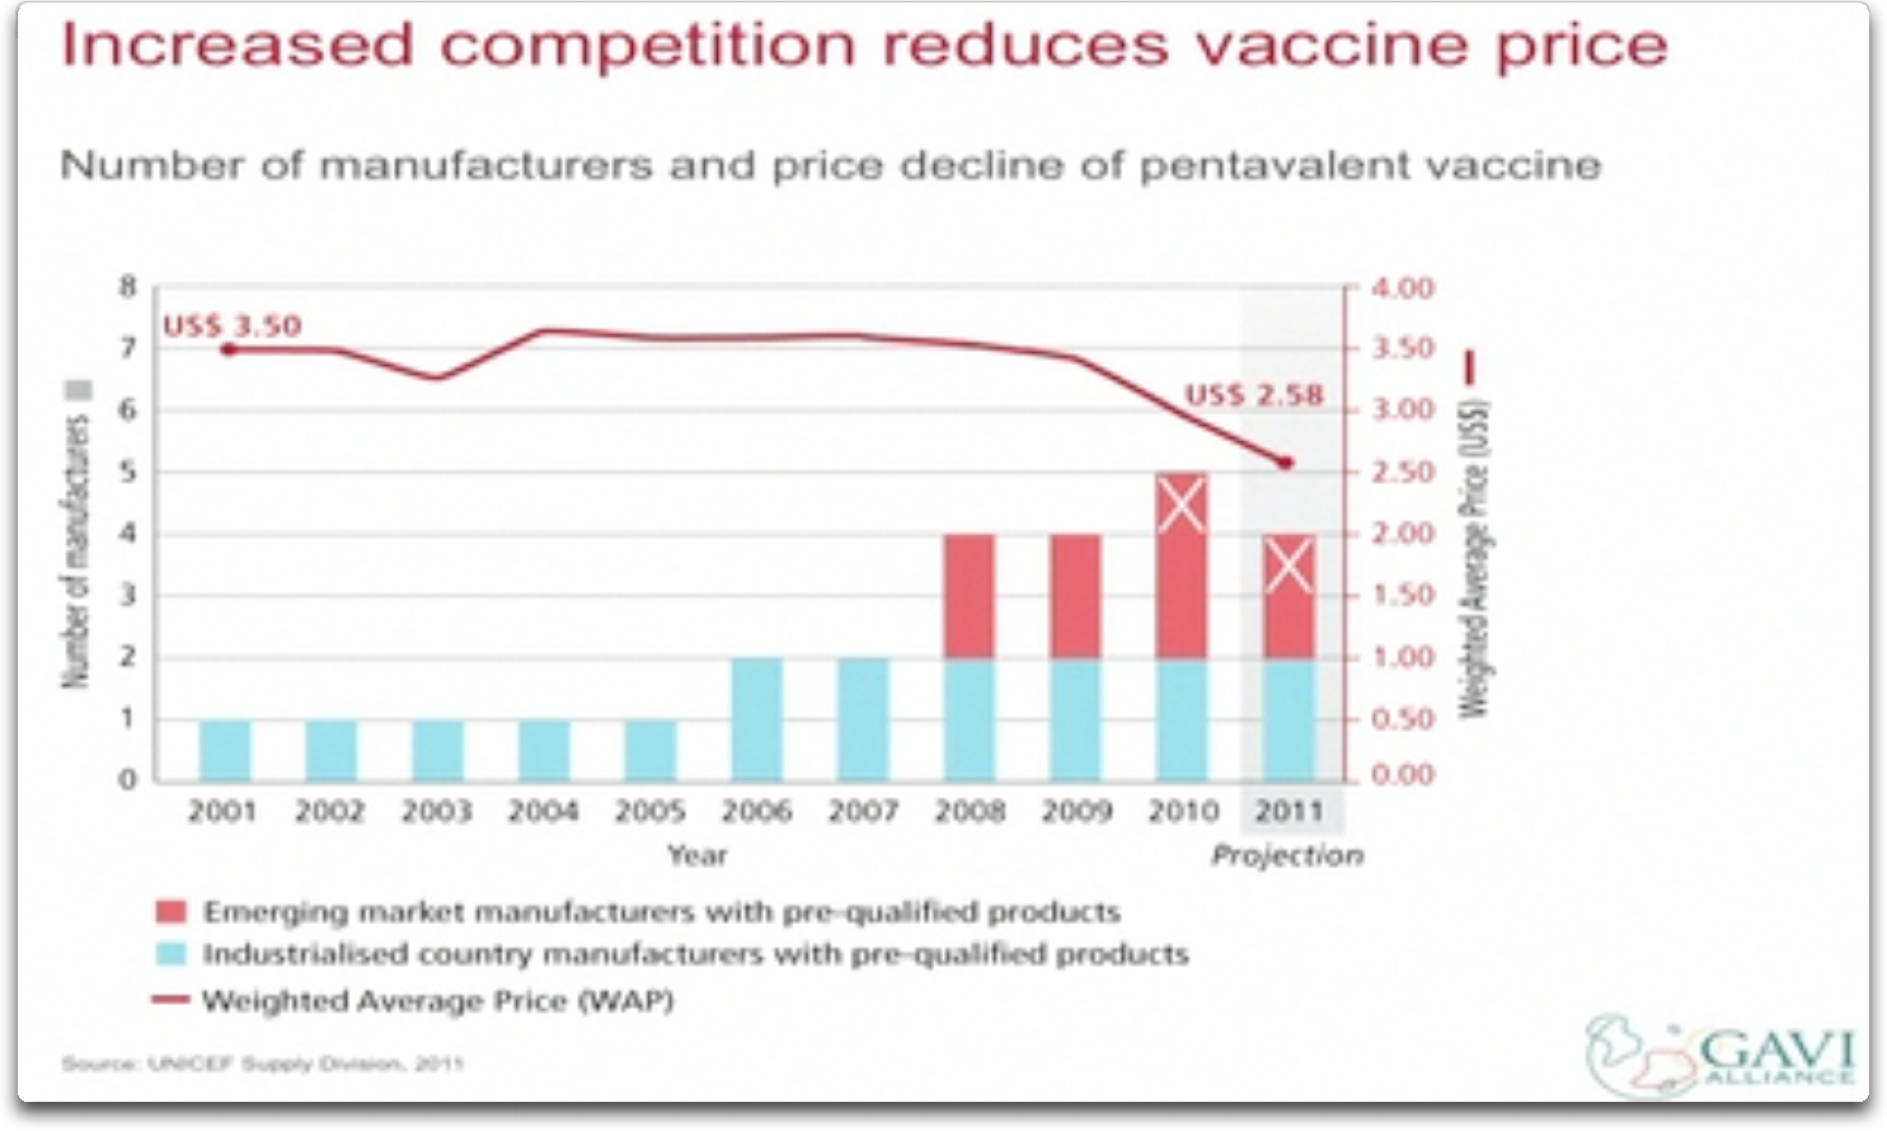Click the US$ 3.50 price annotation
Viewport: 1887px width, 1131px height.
click(x=233, y=326)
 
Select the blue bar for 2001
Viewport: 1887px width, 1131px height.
click(x=225, y=750)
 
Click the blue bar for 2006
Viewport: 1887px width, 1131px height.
click(x=757, y=719)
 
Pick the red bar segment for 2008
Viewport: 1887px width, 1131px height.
click(x=970, y=596)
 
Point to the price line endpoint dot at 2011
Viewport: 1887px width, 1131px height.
click(x=1286, y=463)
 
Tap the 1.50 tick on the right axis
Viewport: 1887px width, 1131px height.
click(x=1403, y=595)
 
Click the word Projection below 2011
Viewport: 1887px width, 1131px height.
click(x=1287, y=856)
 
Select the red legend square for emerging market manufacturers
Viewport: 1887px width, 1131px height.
click(x=171, y=912)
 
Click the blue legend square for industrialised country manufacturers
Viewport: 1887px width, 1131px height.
click(x=171, y=954)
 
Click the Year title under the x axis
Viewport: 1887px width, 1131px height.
click(x=698, y=856)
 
